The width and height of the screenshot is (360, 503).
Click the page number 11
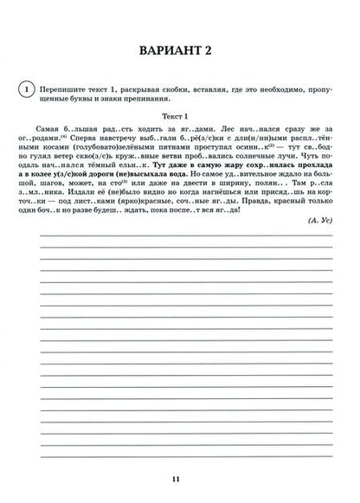pyautogui.click(x=179, y=478)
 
